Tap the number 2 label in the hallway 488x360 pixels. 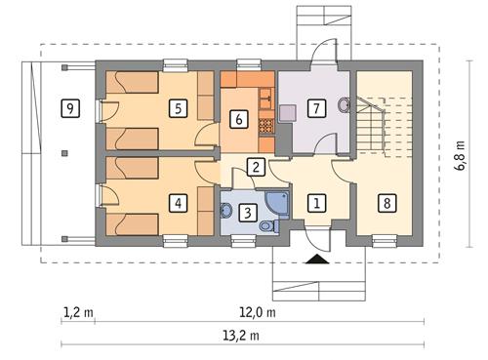[255, 167]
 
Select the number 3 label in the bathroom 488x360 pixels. [247, 212]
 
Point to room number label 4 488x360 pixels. [177, 204]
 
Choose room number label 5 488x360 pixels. [177, 108]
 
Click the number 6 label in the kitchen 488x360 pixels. [237, 120]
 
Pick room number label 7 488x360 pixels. [315, 108]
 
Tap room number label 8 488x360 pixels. [387, 204]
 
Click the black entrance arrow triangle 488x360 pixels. [316, 260]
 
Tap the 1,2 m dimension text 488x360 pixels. [78, 313]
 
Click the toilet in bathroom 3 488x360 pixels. [226, 208]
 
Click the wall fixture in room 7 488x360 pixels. [343, 104]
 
